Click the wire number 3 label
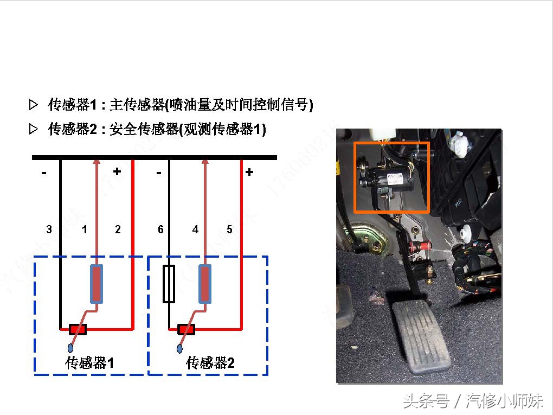(x=49, y=229)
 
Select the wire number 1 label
(x=85, y=229)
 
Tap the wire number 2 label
(x=118, y=229)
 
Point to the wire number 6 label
(x=160, y=229)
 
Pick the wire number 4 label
(x=195, y=229)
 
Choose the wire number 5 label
(x=229, y=229)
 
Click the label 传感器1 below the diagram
(x=89, y=363)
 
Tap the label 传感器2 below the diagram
(x=210, y=363)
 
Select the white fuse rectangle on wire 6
(x=169, y=284)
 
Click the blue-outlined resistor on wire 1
(x=97, y=284)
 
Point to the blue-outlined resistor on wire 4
(x=204, y=284)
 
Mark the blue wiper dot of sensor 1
(x=72, y=347)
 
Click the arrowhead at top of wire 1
(x=97, y=161)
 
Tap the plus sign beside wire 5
(x=249, y=172)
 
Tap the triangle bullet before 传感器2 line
(x=34, y=129)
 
